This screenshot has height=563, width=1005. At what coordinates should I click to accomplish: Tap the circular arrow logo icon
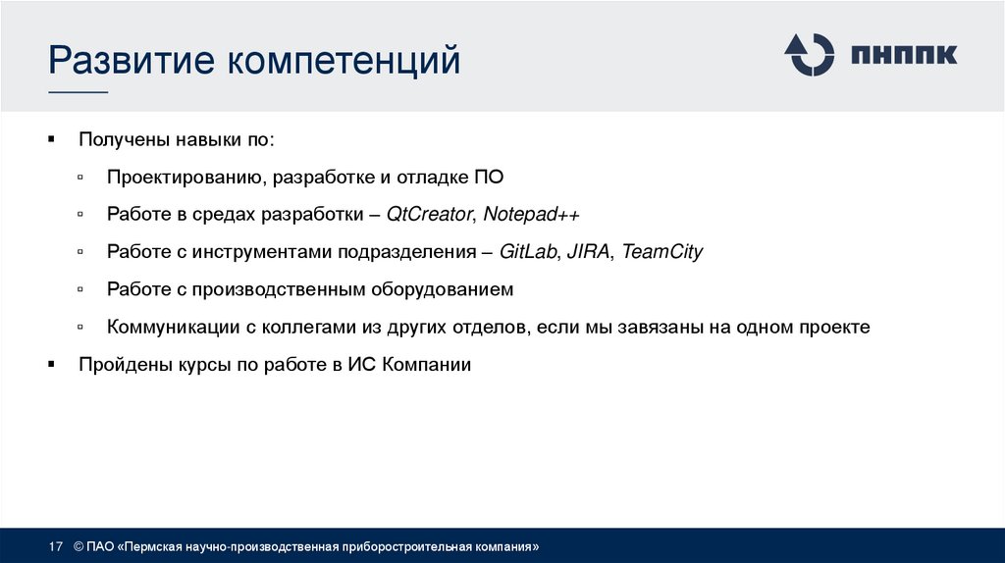809,54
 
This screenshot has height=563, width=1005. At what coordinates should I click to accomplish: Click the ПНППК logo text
904,55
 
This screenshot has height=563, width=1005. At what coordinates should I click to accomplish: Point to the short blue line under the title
79,91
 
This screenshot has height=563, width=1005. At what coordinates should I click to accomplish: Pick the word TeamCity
662,252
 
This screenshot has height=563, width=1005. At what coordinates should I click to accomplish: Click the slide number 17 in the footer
56,545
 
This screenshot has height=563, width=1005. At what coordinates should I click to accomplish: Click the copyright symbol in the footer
78,545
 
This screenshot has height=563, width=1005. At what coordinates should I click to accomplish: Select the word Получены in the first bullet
125,140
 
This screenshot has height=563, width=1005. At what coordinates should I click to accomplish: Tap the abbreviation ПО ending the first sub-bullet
488,178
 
